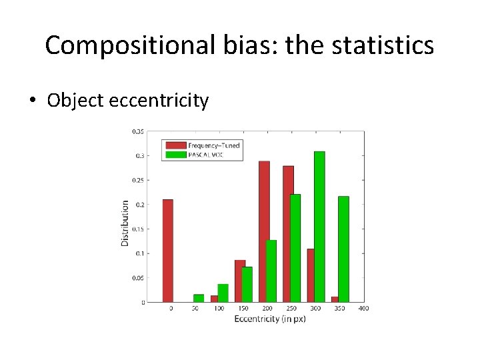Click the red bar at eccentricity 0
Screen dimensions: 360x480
click(x=168, y=251)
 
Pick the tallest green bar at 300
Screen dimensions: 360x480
click(x=319, y=227)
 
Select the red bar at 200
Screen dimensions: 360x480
click(x=264, y=231)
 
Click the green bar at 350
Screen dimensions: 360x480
click(x=343, y=249)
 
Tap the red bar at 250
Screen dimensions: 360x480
click(x=288, y=234)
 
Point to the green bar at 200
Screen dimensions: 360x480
click(x=271, y=271)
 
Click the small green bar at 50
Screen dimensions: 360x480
click(x=199, y=298)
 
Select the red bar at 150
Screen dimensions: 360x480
click(x=240, y=281)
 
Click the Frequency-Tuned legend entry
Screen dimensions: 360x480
click(x=213, y=145)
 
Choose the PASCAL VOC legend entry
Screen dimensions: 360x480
click(x=207, y=154)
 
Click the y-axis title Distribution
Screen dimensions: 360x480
click(x=125, y=223)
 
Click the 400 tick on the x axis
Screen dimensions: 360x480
click(x=363, y=308)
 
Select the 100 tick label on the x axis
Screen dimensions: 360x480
click(x=219, y=308)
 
